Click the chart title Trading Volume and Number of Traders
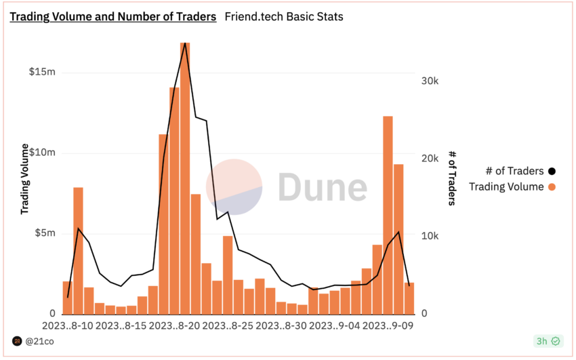pos(112,16)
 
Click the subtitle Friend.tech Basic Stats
pos(283,16)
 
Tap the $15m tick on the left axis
pos(42,73)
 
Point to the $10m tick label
pos(42,153)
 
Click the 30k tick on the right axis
pos(430,81)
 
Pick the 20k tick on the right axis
pos(430,159)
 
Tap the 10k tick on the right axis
pos(430,236)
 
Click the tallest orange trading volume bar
pos(185,176)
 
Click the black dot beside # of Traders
pos(552,172)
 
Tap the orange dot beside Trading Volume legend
pos(552,187)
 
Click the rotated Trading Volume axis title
pos(26,179)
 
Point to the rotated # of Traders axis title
pos(451,179)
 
